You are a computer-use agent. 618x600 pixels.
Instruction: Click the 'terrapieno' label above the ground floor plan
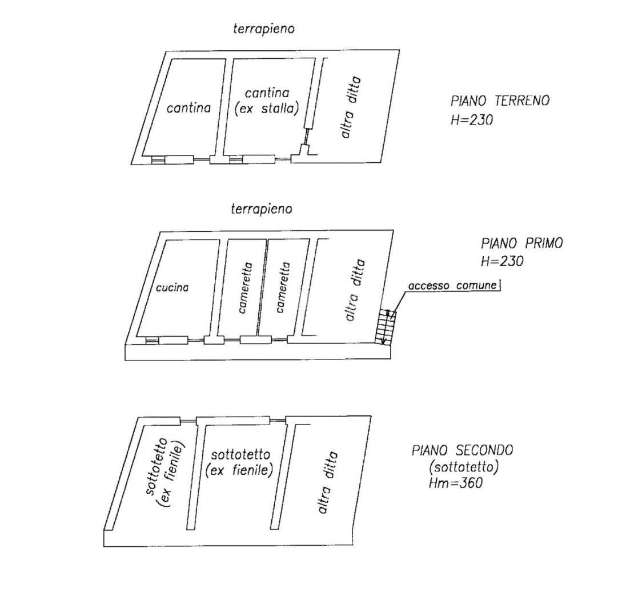click(264, 29)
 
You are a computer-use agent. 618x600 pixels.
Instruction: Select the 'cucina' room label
click(172, 288)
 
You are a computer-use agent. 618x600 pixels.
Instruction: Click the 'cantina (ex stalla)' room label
click(266, 101)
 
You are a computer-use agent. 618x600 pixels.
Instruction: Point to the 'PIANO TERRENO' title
click(500, 101)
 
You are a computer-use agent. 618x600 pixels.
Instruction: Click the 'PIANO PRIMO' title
click(522, 243)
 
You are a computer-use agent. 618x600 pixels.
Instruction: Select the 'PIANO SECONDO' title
click(462, 450)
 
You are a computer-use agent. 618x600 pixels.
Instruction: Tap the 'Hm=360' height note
click(456, 482)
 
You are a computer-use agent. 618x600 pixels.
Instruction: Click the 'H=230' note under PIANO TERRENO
click(471, 119)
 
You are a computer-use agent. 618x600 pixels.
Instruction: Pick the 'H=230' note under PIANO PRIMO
click(502, 261)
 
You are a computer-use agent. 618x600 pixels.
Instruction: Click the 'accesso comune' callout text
click(452, 285)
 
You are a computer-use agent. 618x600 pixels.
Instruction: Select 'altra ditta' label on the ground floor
click(350, 107)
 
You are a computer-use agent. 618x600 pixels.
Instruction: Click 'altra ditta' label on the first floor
click(354, 290)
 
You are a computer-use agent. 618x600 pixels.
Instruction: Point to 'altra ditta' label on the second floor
click(327, 482)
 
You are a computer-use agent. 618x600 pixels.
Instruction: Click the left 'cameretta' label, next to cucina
click(246, 288)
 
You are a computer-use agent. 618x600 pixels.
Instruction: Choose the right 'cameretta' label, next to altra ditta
click(283, 287)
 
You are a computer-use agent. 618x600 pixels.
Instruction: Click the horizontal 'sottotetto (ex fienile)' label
click(240, 463)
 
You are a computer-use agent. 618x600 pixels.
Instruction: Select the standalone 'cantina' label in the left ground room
click(188, 107)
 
